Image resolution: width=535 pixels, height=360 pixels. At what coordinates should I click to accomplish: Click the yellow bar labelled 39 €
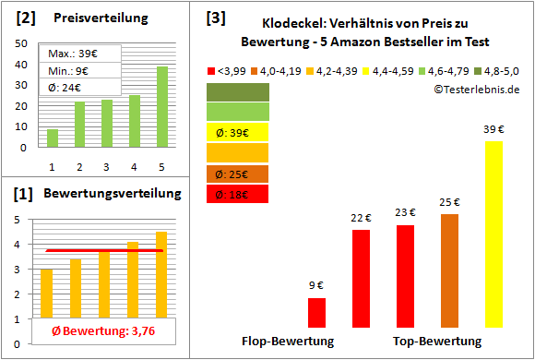493,234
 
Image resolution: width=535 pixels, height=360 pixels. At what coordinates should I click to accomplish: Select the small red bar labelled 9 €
316,312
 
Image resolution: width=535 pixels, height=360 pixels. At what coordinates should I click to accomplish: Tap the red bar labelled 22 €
361,278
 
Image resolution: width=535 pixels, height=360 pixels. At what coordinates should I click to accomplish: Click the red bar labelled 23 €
405,275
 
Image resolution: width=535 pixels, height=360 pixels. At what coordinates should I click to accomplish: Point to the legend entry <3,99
229,69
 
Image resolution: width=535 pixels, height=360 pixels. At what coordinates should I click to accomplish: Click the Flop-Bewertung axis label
288,341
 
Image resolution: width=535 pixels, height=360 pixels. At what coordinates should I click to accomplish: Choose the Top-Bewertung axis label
437,341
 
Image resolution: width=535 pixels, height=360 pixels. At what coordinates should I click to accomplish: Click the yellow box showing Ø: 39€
238,132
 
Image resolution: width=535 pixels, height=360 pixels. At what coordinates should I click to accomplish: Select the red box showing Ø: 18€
238,194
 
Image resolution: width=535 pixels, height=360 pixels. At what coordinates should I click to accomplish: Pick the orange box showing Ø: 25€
238,174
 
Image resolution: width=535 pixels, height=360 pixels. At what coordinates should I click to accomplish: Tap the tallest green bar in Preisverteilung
162,106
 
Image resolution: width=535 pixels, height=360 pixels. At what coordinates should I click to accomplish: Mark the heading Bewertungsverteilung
101,193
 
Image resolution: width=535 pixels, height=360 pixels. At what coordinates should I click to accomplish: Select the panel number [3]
214,17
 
